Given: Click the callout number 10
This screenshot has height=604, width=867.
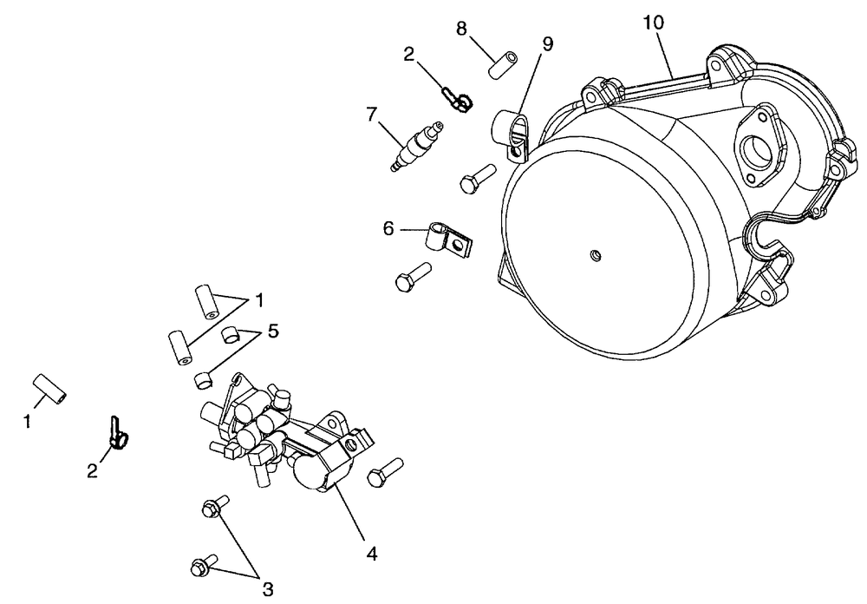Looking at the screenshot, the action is tap(655, 23).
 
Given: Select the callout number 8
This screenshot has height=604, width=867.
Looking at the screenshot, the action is tap(462, 29).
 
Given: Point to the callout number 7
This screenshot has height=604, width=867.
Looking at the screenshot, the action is tap(373, 114).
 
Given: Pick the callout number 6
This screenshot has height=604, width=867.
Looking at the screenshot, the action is tap(388, 228).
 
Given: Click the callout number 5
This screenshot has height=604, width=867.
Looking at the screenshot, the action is tap(273, 331).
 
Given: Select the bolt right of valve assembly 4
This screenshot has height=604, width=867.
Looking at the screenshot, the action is tap(385, 472).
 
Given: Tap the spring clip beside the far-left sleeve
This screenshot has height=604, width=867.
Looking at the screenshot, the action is tap(117, 433).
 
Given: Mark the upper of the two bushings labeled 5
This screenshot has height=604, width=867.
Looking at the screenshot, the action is tap(231, 334).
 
